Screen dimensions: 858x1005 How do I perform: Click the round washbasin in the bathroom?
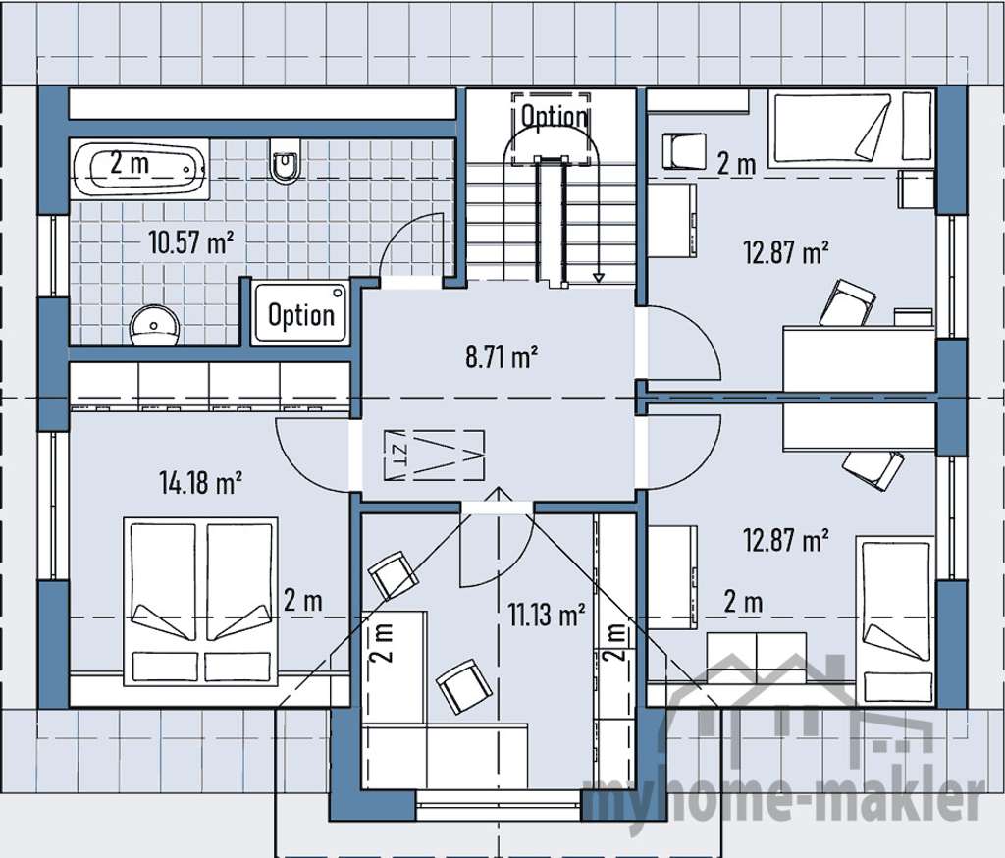154,323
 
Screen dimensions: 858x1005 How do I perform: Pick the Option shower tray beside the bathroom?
300,314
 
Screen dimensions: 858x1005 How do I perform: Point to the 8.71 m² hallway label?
502,355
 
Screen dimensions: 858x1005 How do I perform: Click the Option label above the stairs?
554,116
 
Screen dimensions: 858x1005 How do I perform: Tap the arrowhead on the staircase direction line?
599,277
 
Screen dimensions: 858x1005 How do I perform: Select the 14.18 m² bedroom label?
200,482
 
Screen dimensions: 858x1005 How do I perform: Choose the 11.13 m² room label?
546,616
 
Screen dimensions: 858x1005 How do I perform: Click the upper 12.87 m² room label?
785,252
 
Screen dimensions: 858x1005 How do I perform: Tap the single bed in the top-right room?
849,128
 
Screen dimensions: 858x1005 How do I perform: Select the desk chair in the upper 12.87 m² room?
847,303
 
